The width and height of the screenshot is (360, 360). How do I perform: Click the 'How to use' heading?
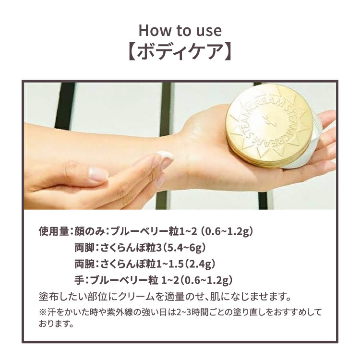[x=180, y=30]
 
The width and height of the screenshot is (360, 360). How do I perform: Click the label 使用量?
[x=54, y=231]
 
